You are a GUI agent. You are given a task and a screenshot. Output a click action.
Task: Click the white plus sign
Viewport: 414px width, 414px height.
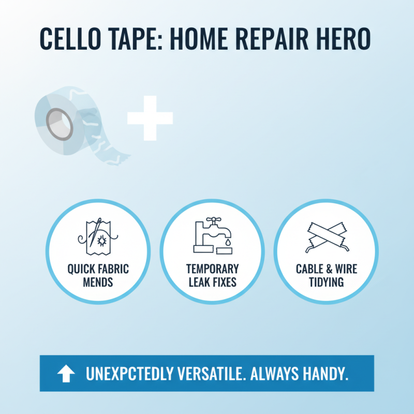coord(150,118)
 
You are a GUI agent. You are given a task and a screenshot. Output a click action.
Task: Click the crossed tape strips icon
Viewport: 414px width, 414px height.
coord(327,237)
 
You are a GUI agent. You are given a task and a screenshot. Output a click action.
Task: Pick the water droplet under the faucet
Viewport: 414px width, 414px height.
coord(228,241)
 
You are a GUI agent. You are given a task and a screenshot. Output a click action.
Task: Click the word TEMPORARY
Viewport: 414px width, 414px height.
coord(213,270)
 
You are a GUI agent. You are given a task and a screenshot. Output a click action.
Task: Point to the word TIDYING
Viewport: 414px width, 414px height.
coord(327,283)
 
